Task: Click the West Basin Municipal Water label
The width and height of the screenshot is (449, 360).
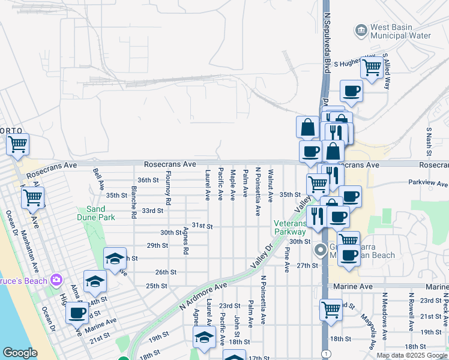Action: (401, 31)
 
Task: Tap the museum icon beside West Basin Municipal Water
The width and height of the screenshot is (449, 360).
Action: (361, 29)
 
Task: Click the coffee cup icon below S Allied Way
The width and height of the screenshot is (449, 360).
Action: (351, 91)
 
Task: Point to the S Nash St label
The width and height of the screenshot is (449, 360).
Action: (429, 139)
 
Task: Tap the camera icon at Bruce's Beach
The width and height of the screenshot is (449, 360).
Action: (56, 280)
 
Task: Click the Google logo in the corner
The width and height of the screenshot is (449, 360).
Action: (20, 353)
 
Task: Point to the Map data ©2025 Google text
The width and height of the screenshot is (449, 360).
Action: (412, 355)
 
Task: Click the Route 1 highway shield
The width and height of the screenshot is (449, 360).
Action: (324, 354)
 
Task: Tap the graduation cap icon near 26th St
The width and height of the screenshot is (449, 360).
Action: (115, 258)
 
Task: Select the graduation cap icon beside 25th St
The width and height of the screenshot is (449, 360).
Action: (95, 280)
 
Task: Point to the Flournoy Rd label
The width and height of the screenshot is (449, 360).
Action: (169, 188)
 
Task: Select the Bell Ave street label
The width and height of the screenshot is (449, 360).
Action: (95, 178)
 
